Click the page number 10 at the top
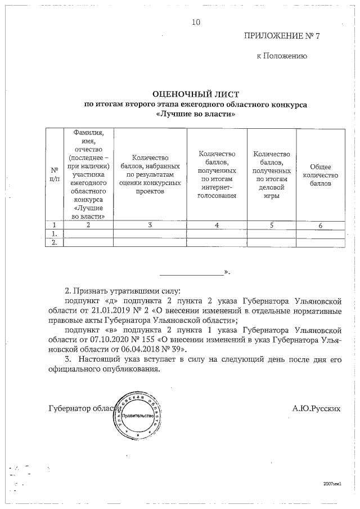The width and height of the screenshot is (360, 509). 196,22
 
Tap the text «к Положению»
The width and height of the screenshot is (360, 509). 281,56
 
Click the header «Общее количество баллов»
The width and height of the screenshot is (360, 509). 320,175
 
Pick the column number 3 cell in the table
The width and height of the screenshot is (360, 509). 150,225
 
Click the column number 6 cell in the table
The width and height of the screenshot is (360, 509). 320,225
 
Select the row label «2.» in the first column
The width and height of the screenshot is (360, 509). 55,242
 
